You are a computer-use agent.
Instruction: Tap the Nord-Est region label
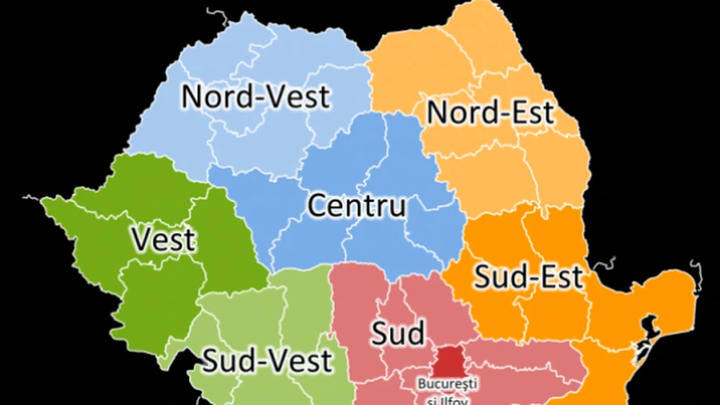pos(490,112)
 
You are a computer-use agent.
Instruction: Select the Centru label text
pos(357,207)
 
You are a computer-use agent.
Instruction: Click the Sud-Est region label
pos(527,278)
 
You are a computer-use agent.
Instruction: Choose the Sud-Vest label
pos(267,360)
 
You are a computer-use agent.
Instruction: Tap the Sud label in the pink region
pos(399,333)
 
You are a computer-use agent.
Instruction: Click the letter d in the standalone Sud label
pos(415,332)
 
